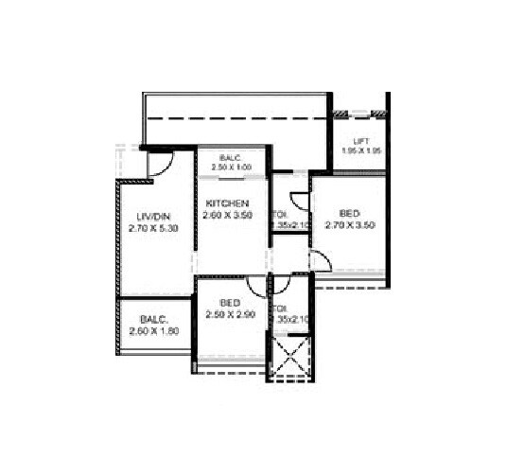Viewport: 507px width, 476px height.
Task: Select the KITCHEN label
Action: (228, 203)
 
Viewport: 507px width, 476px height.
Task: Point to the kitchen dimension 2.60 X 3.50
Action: (228, 215)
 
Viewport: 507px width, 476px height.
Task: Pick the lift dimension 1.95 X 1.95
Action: (361, 150)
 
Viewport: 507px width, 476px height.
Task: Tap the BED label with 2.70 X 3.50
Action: (349, 214)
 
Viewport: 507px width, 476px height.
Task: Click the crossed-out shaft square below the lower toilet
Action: (290, 359)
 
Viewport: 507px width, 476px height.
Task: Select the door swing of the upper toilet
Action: (299, 201)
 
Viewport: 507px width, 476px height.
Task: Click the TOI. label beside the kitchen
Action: (280, 214)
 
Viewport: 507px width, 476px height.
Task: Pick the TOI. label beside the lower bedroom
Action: (281, 309)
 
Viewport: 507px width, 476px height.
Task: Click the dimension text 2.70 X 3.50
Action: (349, 225)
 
